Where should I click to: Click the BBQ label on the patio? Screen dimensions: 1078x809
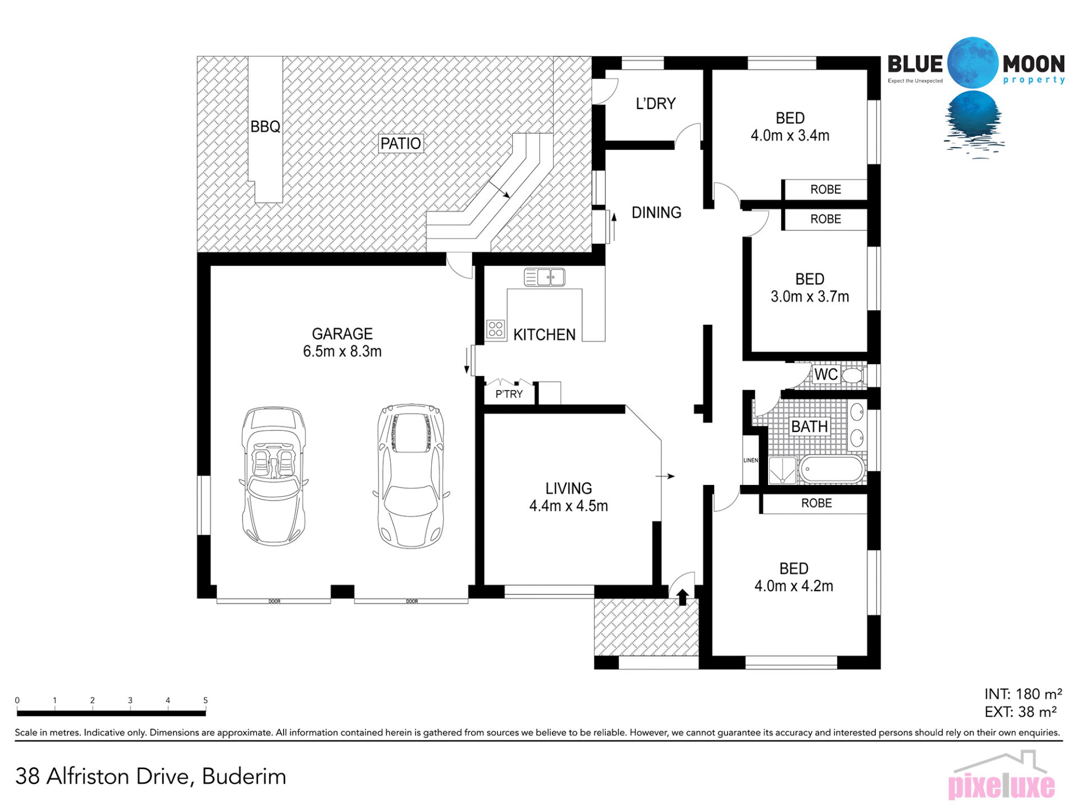click(265, 126)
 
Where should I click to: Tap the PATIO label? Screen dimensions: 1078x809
click(400, 143)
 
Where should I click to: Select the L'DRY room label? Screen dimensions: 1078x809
click(655, 103)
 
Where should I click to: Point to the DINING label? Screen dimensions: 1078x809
click(656, 212)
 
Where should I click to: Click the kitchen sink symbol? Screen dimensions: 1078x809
click(544, 277)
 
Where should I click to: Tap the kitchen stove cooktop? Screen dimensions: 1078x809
click(495, 329)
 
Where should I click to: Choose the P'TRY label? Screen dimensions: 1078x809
click(509, 394)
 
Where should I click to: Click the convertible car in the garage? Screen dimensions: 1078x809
click(274, 476)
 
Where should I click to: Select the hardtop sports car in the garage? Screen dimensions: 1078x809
click(411, 475)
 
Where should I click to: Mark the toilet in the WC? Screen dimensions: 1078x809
click(853, 375)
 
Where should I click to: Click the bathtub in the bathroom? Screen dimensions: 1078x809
click(832, 469)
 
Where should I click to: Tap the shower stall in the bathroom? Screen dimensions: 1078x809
click(782, 470)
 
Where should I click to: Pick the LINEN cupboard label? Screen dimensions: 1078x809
click(751, 460)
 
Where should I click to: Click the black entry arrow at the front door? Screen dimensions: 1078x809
click(682, 597)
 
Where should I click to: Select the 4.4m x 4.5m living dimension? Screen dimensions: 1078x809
click(568, 506)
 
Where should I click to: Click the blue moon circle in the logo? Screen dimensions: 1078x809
click(973, 63)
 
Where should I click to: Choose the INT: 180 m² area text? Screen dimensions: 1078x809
click(1023, 694)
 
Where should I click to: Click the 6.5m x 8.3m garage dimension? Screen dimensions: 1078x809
click(342, 351)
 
